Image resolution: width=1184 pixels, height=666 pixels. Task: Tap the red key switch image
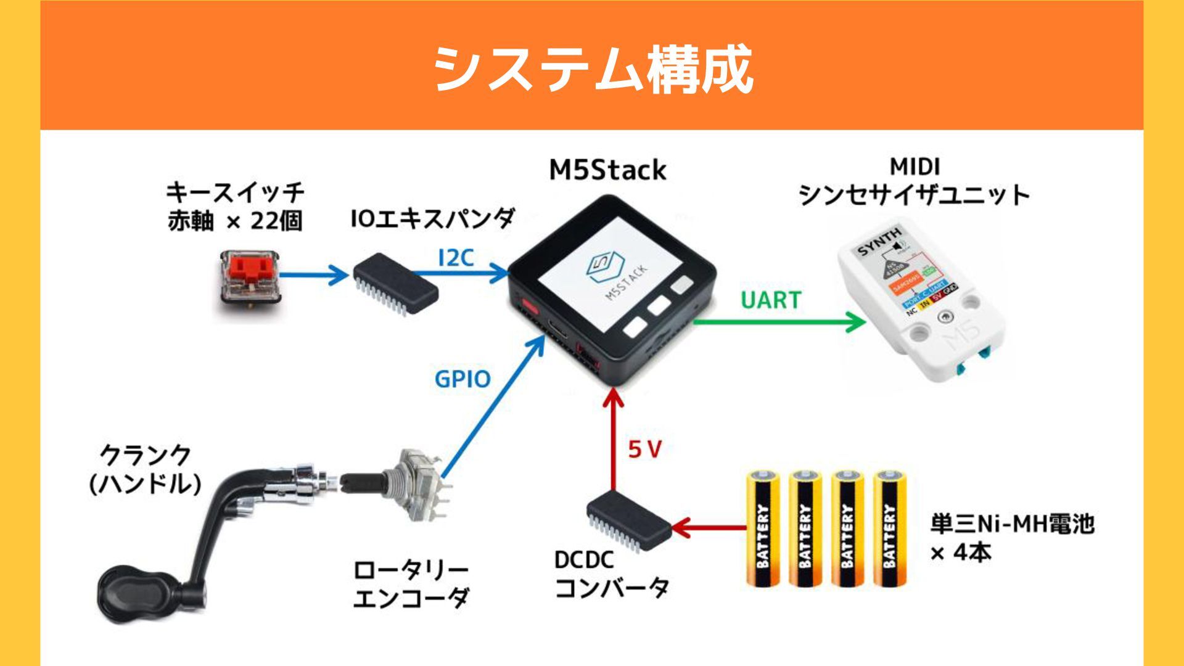[x=250, y=284]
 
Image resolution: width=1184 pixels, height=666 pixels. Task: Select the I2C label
[x=456, y=258]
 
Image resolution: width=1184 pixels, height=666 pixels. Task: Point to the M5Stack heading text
[x=607, y=170]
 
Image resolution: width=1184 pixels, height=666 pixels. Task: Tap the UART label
[x=770, y=300]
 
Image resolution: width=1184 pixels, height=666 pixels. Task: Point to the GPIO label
[x=462, y=379]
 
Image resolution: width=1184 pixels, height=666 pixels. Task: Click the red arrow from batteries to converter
[x=709, y=528]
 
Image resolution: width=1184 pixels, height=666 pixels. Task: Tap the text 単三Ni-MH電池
[x=1011, y=524]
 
